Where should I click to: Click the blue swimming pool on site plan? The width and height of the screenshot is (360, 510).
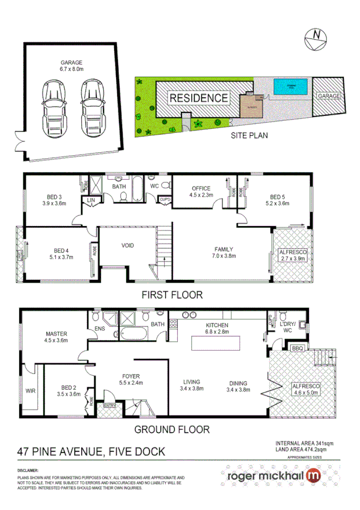291,88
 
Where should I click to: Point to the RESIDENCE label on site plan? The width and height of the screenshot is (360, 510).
198,98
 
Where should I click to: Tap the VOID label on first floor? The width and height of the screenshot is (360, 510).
127,246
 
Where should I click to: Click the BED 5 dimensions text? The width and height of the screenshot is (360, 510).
276,204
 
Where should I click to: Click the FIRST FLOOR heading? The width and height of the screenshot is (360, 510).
172,295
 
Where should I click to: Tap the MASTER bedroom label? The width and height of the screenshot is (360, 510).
56,334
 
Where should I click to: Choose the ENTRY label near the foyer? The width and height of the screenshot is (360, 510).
110,406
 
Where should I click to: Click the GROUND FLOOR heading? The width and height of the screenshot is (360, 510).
171,429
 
